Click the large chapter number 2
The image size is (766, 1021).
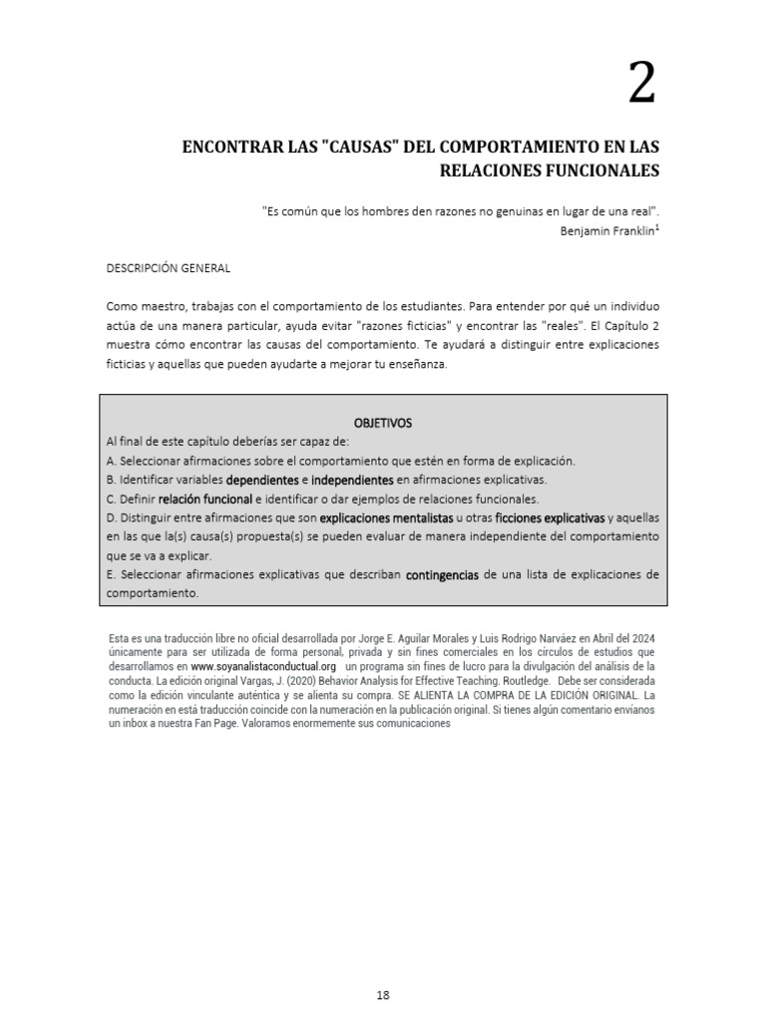[x=642, y=84]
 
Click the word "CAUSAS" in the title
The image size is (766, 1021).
[x=363, y=147]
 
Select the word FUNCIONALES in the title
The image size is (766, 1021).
[x=600, y=170]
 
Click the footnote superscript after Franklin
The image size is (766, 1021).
[x=657, y=226]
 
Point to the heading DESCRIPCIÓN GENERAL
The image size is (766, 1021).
[x=168, y=268]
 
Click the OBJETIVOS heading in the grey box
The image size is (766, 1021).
[x=384, y=423]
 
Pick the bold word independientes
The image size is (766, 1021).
[x=353, y=480]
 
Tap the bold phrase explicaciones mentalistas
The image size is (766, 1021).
[x=386, y=518]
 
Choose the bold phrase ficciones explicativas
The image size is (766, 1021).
[x=550, y=518]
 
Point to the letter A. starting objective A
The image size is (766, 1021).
[x=111, y=461]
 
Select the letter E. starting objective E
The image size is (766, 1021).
[x=110, y=575]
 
